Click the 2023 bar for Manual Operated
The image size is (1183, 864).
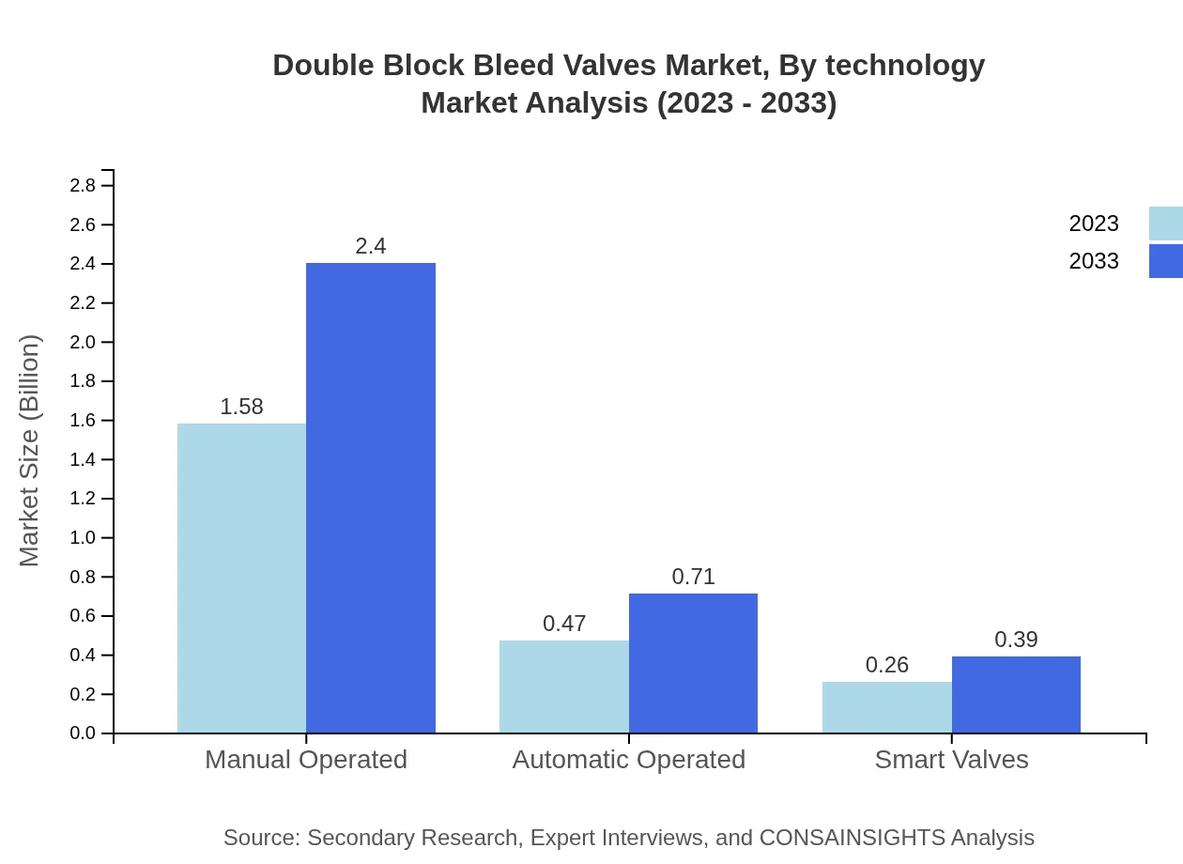point(241,578)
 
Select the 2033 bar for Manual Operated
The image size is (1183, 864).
point(371,498)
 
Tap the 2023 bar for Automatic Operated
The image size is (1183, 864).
point(563,687)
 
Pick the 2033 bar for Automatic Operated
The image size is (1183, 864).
point(693,663)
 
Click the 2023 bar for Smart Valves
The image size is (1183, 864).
point(886,707)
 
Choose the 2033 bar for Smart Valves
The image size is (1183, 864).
point(1016,695)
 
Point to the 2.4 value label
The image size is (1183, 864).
point(371,246)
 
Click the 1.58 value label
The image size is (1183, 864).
point(241,407)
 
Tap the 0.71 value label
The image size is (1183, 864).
point(693,577)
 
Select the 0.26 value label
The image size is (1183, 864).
point(886,665)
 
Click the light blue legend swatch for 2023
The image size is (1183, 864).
point(1165,224)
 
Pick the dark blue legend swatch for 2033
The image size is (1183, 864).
point(1165,261)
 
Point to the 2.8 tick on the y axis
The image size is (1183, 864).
point(84,186)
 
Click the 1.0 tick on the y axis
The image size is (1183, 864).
point(84,538)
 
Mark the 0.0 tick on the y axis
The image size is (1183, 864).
point(84,733)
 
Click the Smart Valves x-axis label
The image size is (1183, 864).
point(951,759)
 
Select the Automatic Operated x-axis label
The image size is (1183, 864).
point(628,759)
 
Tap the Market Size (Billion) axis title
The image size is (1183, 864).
point(29,451)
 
